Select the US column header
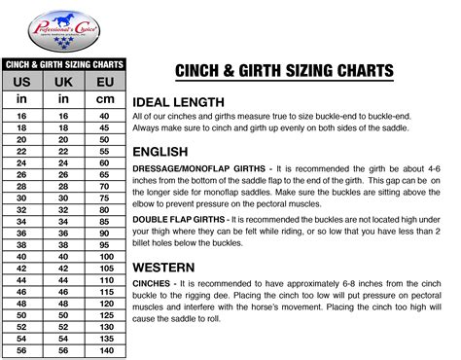21,80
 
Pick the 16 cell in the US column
21,115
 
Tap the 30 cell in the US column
21,198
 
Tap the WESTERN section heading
166,266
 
